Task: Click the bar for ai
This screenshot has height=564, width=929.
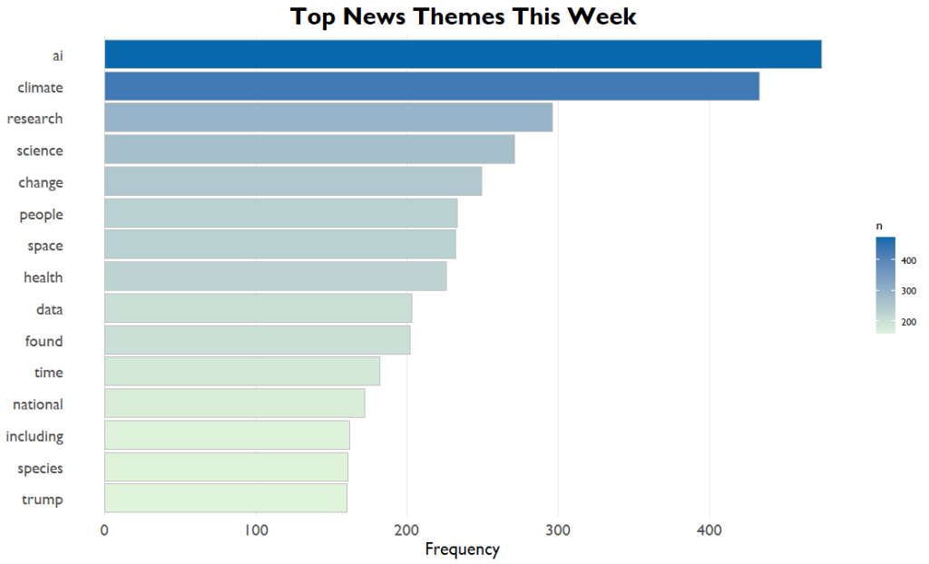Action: [463, 54]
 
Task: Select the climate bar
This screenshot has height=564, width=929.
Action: [432, 86]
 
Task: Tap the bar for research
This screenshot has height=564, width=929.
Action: [328, 118]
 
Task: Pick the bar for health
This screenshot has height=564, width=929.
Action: [276, 277]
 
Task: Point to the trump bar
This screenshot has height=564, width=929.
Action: [226, 499]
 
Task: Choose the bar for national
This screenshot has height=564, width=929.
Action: [235, 404]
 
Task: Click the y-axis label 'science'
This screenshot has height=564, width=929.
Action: [40, 151]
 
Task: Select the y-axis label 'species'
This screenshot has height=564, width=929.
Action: [40, 468]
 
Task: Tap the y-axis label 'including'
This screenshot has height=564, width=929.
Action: [34, 436]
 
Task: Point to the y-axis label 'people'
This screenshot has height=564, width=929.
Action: [42, 214]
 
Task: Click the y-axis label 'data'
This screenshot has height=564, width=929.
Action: [49, 309]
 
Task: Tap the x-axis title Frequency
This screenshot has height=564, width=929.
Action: [462, 549]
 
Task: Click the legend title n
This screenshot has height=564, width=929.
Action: [878, 224]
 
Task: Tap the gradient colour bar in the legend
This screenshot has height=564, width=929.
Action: [885, 286]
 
